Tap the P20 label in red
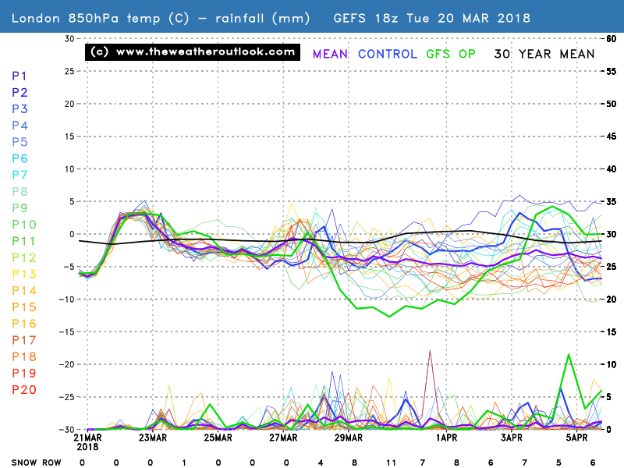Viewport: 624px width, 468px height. click(23, 390)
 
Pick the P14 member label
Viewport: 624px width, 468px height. click(23, 291)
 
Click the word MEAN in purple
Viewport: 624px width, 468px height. click(330, 54)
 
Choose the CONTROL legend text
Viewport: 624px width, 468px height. click(387, 54)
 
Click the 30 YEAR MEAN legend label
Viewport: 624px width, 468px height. click(544, 54)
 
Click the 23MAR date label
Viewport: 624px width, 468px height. click(153, 439)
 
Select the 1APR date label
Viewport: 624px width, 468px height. click(446, 439)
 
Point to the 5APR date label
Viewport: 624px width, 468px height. click(576, 439)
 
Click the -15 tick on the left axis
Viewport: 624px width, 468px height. click(69, 331)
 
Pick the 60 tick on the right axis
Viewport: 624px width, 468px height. click(613, 38)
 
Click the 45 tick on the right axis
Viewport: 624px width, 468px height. click(613, 136)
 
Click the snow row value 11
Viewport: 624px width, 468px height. click(390, 461)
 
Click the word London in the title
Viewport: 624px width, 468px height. click(34, 17)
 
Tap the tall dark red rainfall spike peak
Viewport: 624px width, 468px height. click(429, 351)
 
